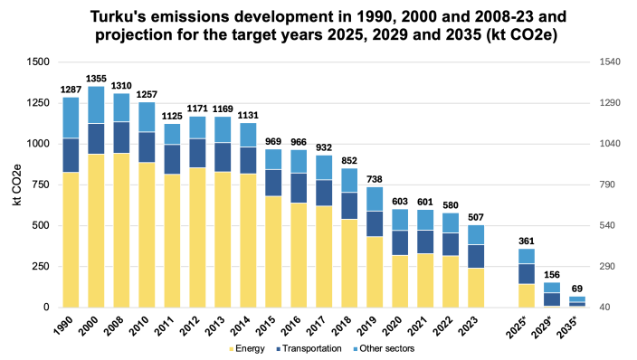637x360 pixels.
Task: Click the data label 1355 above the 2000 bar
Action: tap(96, 80)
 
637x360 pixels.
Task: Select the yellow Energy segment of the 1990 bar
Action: tap(71, 240)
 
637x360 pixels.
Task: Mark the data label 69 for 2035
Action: tap(577, 289)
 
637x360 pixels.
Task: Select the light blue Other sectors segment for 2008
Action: tap(121, 108)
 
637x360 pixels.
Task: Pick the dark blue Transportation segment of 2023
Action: tap(476, 256)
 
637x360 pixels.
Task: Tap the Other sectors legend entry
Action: tap(384, 348)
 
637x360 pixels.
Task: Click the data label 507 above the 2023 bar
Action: tap(476, 217)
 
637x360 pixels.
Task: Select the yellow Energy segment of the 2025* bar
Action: tap(527, 296)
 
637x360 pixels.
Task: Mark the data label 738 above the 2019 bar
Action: tap(375, 180)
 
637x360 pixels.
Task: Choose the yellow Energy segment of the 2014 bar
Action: tap(248, 241)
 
